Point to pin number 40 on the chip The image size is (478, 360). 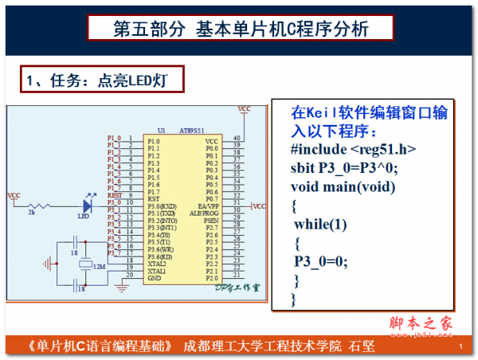237,139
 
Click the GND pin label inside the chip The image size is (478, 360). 155,279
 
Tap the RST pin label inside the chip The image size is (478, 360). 154,199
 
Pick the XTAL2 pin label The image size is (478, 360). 157,264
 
